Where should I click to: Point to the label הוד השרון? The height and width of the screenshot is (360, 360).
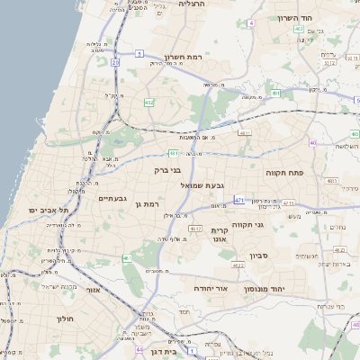coord(319,18)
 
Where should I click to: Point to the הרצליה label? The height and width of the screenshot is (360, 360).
coord(193,4)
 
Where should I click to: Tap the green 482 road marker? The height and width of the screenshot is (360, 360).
coord(148,103)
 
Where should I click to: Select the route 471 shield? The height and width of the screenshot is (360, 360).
coord(238,199)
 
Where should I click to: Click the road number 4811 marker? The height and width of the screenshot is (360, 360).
coord(244,133)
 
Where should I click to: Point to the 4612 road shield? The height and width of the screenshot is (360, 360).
coord(194,229)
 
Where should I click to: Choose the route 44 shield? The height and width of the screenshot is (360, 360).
coord(139,348)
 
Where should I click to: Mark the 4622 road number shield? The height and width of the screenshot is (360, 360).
coord(238,265)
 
